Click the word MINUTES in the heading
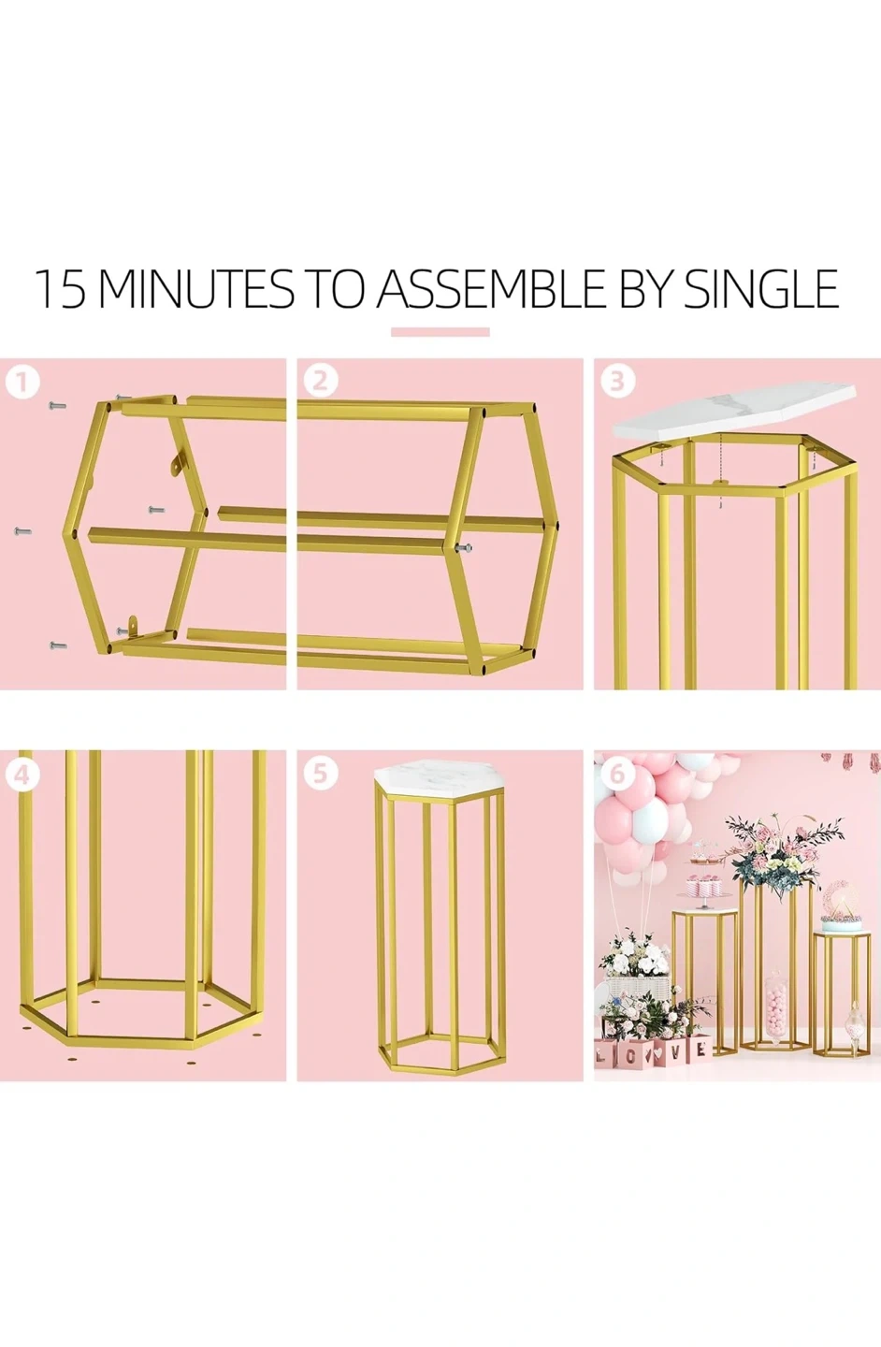tap(196, 289)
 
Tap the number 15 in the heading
tap(60, 289)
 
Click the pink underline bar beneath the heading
tap(440, 331)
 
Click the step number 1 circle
tap(22, 382)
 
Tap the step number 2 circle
tap(321, 382)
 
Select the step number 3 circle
tap(617, 382)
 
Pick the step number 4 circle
tap(22, 775)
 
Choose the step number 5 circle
tap(321, 775)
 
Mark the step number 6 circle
tap(617, 775)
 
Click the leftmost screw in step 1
tap(22, 531)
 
